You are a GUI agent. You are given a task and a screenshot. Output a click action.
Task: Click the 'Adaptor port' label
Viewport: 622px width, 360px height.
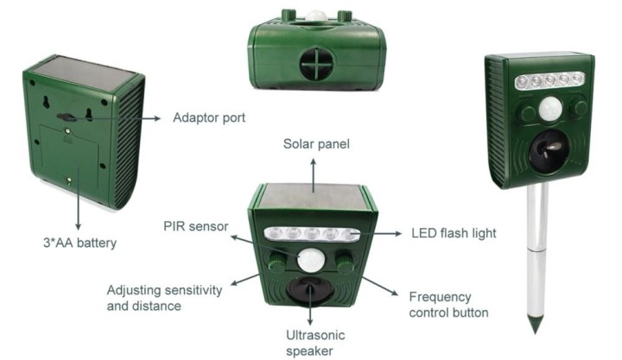(x=209, y=117)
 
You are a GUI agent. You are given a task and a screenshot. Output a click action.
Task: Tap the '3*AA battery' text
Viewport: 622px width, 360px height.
(x=79, y=243)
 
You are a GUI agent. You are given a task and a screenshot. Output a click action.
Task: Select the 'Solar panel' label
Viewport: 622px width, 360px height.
(x=316, y=143)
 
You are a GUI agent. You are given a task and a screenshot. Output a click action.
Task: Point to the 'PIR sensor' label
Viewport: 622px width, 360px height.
(x=196, y=226)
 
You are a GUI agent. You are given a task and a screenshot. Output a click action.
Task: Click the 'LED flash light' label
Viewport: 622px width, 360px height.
(x=454, y=233)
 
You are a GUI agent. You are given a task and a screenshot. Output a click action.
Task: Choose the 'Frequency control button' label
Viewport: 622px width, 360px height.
(x=448, y=305)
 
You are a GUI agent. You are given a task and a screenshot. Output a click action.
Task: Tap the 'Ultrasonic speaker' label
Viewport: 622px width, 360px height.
(x=315, y=343)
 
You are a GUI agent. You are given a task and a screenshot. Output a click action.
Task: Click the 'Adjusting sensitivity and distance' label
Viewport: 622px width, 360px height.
(x=164, y=298)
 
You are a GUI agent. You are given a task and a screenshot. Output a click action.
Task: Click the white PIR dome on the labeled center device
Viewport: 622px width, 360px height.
(x=311, y=260)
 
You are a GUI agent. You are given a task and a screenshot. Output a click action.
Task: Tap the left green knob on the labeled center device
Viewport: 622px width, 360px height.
(x=277, y=262)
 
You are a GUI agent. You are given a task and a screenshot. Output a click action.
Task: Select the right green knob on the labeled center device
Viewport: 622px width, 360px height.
(x=345, y=262)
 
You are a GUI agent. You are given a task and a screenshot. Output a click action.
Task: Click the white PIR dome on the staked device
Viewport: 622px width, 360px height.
(x=550, y=108)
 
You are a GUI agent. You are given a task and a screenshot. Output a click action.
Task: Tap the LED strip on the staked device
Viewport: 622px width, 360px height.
(x=549, y=80)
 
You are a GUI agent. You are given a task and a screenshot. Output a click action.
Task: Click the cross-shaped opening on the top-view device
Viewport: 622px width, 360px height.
(x=316, y=63)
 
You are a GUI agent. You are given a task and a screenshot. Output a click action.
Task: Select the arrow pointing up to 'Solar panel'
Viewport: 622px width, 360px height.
(x=314, y=175)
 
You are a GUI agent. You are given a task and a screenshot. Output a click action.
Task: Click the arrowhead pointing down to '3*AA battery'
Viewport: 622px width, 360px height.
(x=78, y=226)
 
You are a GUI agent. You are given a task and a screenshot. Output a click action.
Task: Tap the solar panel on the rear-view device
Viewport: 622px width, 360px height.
(x=84, y=74)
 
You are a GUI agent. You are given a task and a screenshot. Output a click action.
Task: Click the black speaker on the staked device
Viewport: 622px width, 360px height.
(x=549, y=151)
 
